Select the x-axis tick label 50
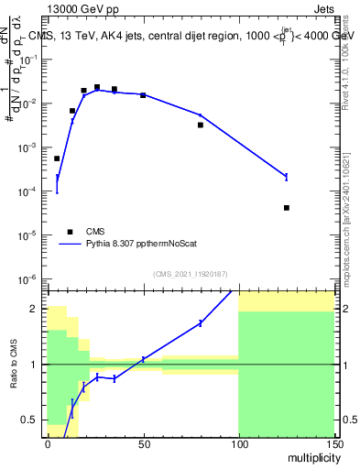tap(143, 443)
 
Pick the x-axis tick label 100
tap(238, 443)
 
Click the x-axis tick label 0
tap(48, 443)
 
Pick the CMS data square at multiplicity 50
tap(143, 95)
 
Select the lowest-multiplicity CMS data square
tap(57, 158)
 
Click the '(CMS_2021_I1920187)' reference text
tap(191, 274)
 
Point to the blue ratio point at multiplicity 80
tap(201, 323)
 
